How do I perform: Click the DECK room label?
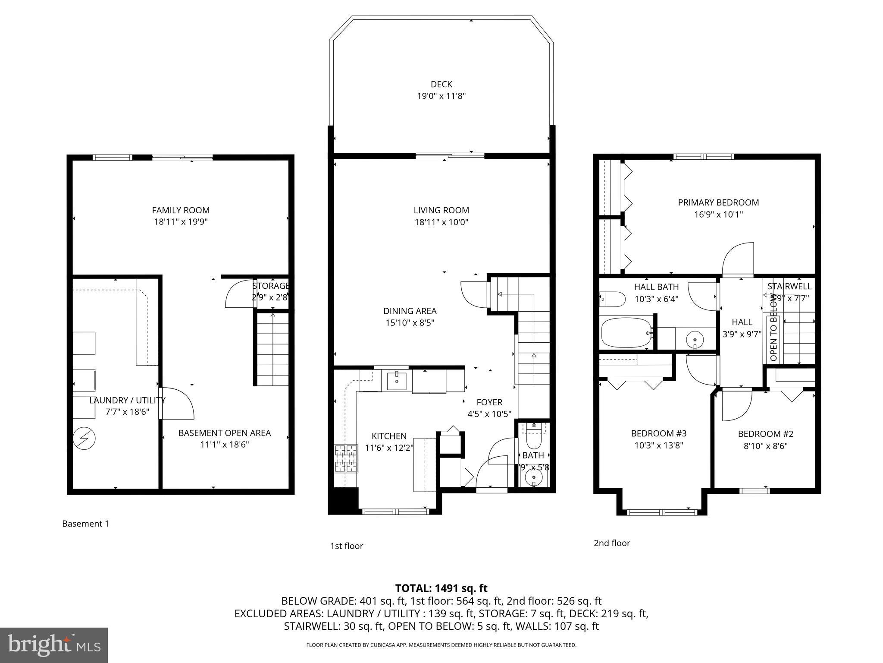pyautogui.click(x=441, y=84)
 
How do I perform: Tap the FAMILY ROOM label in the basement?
pyautogui.click(x=181, y=210)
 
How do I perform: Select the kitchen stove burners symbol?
pyautogui.click(x=347, y=458)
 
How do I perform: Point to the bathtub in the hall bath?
pyautogui.click(x=626, y=333)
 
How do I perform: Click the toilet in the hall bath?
pyautogui.click(x=612, y=298)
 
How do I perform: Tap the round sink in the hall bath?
pyautogui.click(x=695, y=339)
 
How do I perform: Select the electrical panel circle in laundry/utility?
pyautogui.click(x=84, y=439)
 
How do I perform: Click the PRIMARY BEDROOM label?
pyautogui.click(x=718, y=202)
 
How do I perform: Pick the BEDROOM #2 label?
pyautogui.click(x=765, y=434)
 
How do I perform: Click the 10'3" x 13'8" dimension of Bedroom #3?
pyautogui.click(x=658, y=445)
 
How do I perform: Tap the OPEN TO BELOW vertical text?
pyautogui.click(x=773, y=327)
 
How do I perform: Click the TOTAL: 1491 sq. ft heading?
pyautogui.click(x=441, y=588)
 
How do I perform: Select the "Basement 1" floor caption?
pyautogui.click(x=85, y=524)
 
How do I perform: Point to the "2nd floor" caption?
pyautogui.click(x=611, y=543)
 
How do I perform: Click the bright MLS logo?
pyautogui.click(x=54, y=645)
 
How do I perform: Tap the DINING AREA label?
pyautogui.click(x=410, y=311)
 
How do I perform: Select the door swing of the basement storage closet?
pyautogui.click(x=238, y=294)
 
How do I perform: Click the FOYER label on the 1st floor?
pyautogui.click(x=489, y=402)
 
